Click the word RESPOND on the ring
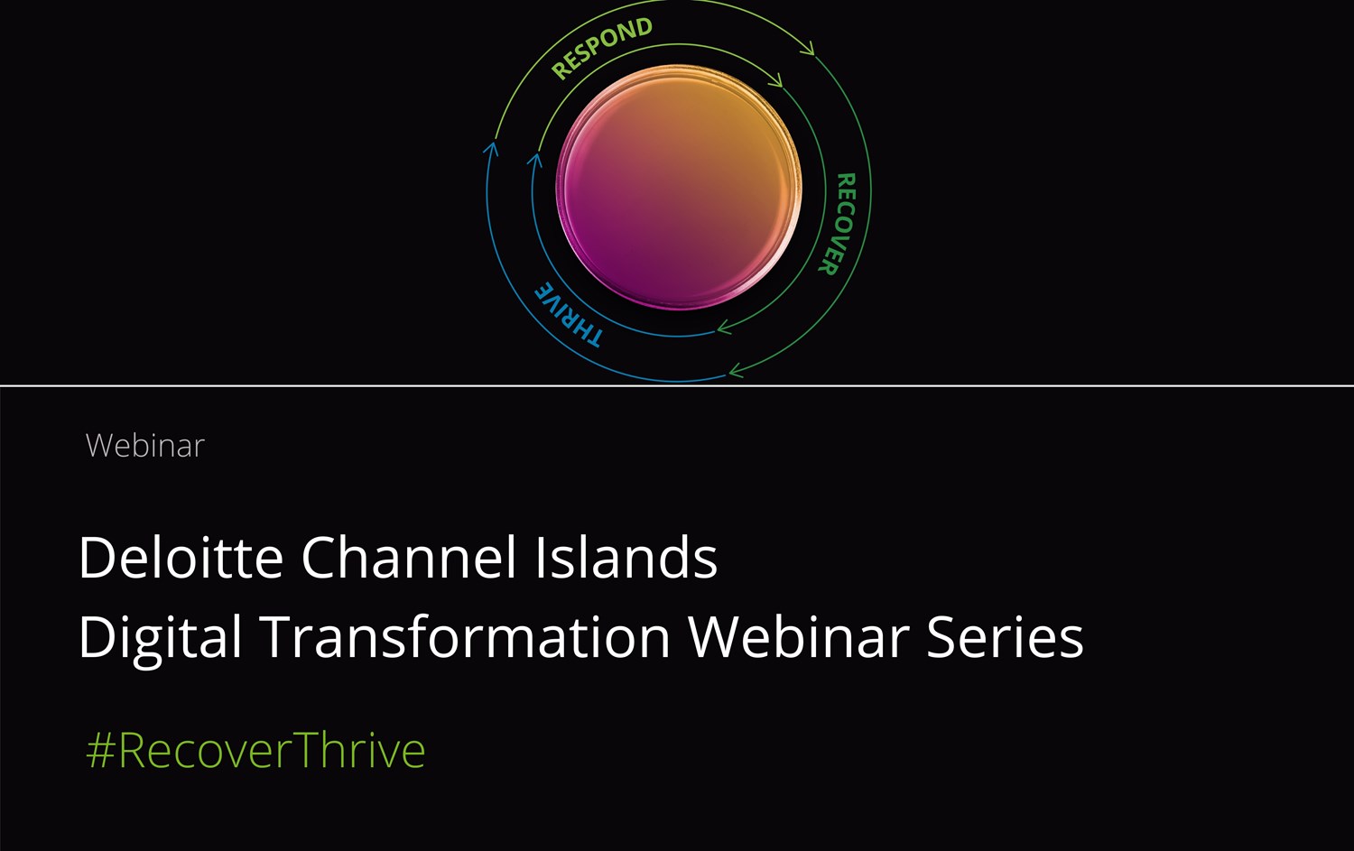[602, 48]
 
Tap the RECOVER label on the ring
[838, 224]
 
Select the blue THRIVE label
[568, 315]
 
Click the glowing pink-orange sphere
[679, 187]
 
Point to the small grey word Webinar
[145, 446]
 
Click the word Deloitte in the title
[181, 557]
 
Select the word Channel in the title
[409, 557]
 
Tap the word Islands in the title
[626, 557]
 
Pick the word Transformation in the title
[466, 637]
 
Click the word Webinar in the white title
[799, 637]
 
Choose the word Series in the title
[1006, 638]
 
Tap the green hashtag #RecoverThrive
[256, 750]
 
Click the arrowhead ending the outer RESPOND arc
[809, 49]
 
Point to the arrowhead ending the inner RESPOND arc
[776, 80]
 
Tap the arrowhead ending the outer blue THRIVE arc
[491, 148]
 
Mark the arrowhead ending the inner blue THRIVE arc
[535, 160]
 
